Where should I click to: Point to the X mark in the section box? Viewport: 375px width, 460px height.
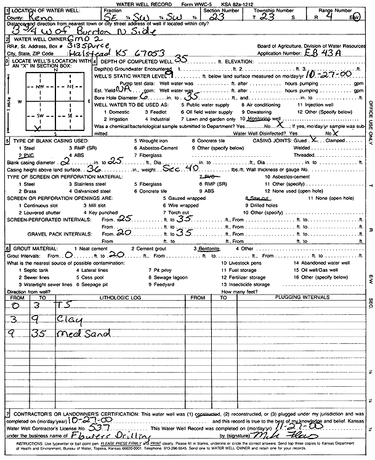(x=38, y=129)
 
